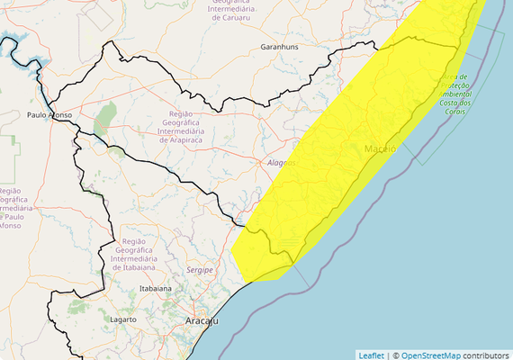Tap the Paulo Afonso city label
[x=49, y=115]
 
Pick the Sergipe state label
[x=199, y=269]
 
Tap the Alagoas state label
[x=282, y=162]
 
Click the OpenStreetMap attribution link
[x=434, y=354]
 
